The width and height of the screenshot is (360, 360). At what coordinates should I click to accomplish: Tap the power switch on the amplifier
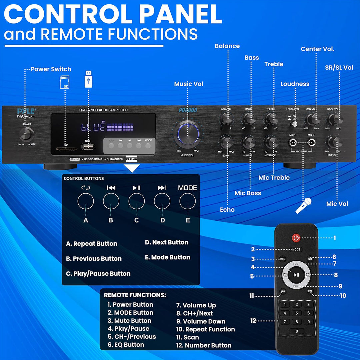(27, 134)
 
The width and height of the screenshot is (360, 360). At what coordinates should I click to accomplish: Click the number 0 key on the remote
(297, 331)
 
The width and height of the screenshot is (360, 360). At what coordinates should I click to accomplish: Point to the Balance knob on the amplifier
(227, 118)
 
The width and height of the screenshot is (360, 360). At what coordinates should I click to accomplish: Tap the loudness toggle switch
(295, 123)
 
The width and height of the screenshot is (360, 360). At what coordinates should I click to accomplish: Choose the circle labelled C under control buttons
(137, 201)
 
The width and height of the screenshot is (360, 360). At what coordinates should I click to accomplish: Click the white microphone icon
(304, 205)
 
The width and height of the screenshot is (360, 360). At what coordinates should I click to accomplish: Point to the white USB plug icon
(88, 79)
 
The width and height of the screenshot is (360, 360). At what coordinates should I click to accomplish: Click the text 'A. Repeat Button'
(92, 244)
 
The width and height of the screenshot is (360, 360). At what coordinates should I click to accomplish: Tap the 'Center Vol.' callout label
(317, 49)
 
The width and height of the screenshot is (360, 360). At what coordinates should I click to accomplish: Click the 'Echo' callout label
(227, 210)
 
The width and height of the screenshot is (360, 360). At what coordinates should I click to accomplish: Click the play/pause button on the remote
(296, 275)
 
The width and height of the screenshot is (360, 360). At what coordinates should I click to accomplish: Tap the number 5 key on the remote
(297, 313)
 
